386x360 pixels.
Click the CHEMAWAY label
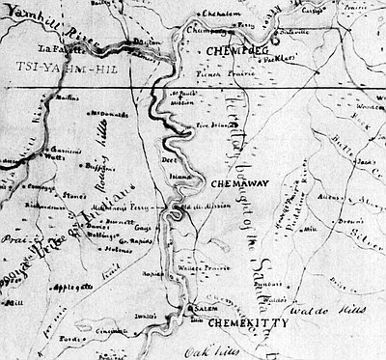click(x=231, y=180)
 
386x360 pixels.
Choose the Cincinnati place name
click(x=125, y=330)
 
